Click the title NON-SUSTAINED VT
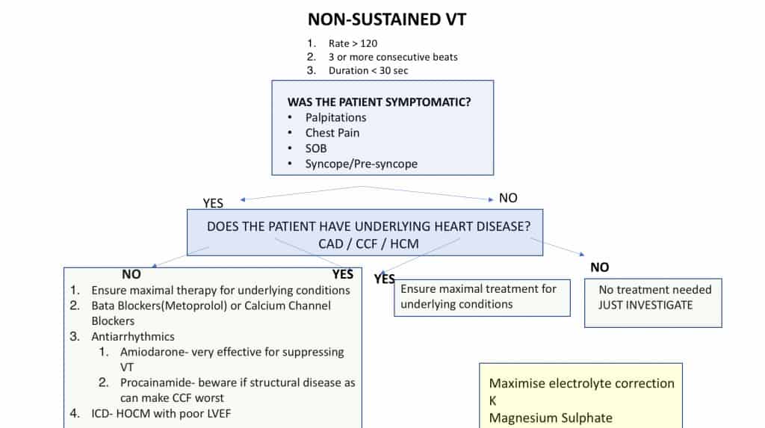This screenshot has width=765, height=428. pyautogui.click(x=387, y=19)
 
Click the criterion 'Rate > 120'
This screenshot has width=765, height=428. pyautogui.click(x=353, y=43)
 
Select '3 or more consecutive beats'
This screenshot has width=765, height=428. pyautogui.click(x=393, y=57)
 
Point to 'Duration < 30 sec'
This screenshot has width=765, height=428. pyautogui.click(x=368, y=70)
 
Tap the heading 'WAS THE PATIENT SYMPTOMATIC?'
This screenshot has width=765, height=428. pyautogui.click(x=379, y=102)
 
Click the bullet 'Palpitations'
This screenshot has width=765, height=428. pyautogui.click(x=335, y=117)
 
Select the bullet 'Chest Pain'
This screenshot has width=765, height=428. pyautogui.click(x=332, y=133)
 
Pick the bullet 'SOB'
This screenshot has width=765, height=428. pyautogui.click(x=316, y=148)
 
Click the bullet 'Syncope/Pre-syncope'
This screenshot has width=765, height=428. pyautogui.click(x=361, y=164)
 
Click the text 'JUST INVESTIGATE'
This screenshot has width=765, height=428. pyautogui.click(x=645, y=305)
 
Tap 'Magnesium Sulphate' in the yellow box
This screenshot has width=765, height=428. pyautogui.click(x=551, y=418)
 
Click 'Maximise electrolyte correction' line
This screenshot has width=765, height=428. pyautogui.click(x=581, y=383)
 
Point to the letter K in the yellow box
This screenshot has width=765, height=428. pyautogui.click(x=493, y=400)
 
